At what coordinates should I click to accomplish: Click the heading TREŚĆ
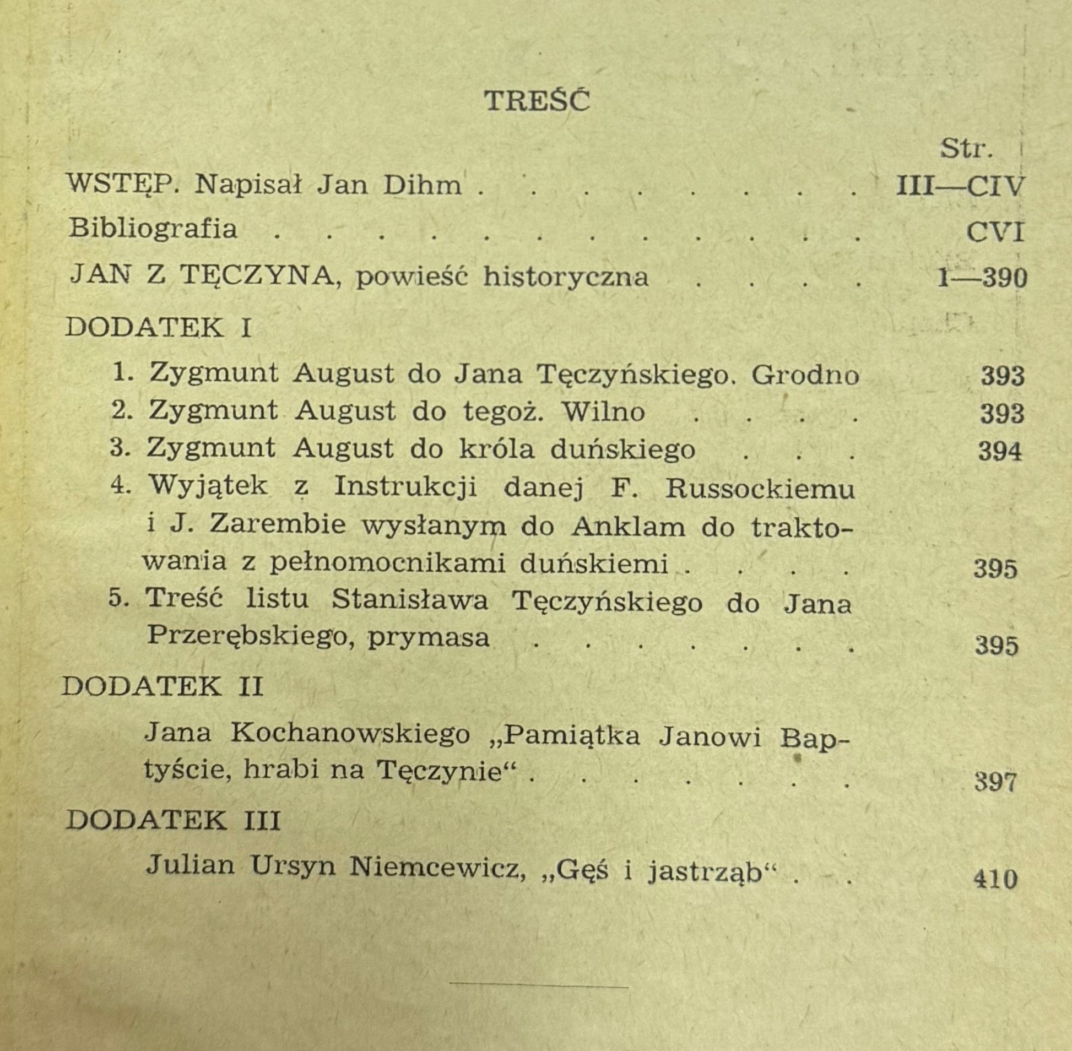pyautogui.click(x=537, y=100)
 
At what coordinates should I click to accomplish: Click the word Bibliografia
pyautogui.click(x=153, y=229)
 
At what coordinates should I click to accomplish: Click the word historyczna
pyautogui.click(x=565, y=277)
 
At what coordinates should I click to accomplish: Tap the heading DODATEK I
pyautogui.click(x=159, y=328)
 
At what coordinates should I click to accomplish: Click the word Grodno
pyautogui.click(x=805, y=376)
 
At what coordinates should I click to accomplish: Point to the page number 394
pyautogui.click(x=1000, y=452)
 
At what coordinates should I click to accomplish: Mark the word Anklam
pyautogui.click(x=627, y=527)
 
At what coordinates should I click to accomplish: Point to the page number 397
pyautogui.click(x=995, y=782)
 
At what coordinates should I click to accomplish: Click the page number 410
pyautogui.click(x=995, y=878)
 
